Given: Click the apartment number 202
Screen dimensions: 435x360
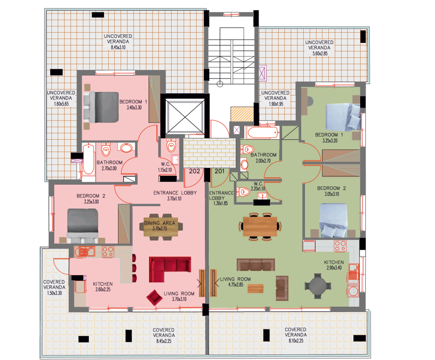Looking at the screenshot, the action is (195, 171).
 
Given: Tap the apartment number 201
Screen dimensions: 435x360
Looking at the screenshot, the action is (220, 171).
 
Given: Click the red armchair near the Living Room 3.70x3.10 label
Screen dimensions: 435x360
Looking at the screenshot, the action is (154, 298).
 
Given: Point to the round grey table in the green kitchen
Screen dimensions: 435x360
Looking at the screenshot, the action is (318, 286).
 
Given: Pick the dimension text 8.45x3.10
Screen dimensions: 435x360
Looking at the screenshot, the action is (118, 48).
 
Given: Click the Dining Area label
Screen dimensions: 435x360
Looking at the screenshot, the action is (160, 223).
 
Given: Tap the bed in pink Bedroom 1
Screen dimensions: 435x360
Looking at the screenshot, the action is (102, 107).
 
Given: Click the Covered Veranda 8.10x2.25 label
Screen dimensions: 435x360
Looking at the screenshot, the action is (296, 335).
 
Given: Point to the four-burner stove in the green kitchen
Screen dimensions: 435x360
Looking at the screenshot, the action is (340, 246).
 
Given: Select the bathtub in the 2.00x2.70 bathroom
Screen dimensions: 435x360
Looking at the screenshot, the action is (263, 132).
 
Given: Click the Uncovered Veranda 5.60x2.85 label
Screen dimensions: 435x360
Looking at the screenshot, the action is (319, 48).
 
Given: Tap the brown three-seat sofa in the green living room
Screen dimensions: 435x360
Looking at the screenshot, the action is (256, 264).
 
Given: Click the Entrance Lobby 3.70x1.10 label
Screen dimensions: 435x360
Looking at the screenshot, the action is (175, 196).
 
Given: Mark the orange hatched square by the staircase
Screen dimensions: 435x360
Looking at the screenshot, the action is (242, 114).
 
